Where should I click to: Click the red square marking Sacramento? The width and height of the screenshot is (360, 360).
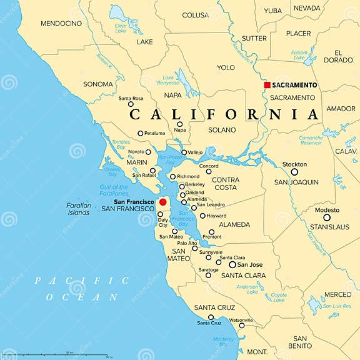pos(267,85)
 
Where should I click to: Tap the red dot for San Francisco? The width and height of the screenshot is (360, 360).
pos(163,202)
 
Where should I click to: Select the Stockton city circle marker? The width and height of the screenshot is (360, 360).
pos(294,172)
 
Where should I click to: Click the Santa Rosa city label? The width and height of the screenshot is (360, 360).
pos(131,98)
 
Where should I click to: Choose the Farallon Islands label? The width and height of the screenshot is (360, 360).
pos(79,209)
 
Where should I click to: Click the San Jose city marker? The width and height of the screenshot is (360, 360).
pos(232,264)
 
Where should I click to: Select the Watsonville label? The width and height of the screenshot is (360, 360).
pos(241,320)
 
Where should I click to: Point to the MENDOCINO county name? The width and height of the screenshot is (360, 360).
pos(61,23)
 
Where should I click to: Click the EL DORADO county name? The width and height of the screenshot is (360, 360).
pos(338,56)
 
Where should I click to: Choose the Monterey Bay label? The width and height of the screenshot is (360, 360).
pos(223,342)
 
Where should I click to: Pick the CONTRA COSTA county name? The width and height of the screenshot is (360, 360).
pos(225,183)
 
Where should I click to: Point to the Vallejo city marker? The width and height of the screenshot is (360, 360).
pos(184,152)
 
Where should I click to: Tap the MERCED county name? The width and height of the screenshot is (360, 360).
pos(337,294)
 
